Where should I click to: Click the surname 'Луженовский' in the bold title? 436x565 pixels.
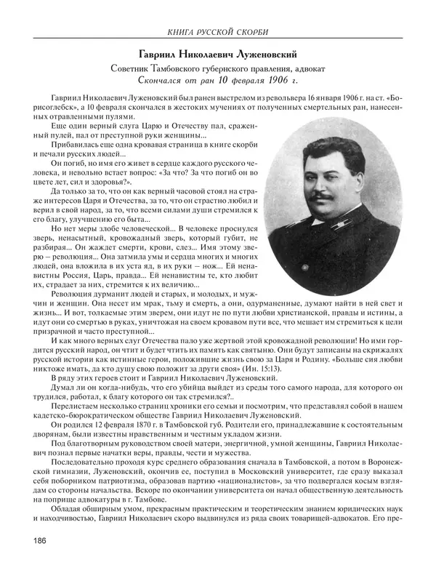[x=262, y=55]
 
